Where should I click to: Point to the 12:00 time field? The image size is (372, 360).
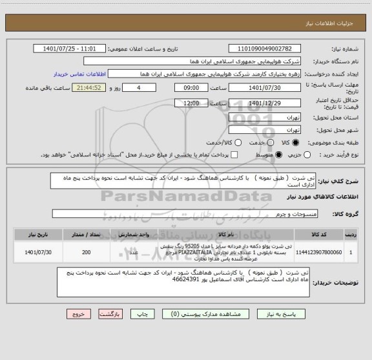click(x=191, y=103)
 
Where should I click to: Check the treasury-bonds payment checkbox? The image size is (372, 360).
click(x=235, y=155)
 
